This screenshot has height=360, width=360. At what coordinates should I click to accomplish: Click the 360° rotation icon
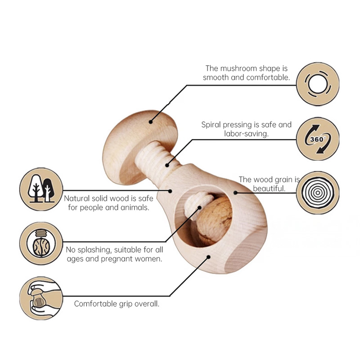click(318, 139)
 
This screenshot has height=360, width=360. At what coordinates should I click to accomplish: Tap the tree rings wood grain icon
click(318, 193)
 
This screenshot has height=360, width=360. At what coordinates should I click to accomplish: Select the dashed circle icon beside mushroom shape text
click(318, 84)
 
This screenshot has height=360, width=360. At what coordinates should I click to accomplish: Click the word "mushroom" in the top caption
click(238, 68)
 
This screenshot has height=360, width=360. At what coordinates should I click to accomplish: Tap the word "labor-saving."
click(246, 134)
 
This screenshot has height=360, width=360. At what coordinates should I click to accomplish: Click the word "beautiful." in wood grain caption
click(269, 189)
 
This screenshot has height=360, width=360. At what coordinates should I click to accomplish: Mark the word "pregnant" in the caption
click(120, 259)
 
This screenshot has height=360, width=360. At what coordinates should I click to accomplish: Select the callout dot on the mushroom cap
click(151, 121)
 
